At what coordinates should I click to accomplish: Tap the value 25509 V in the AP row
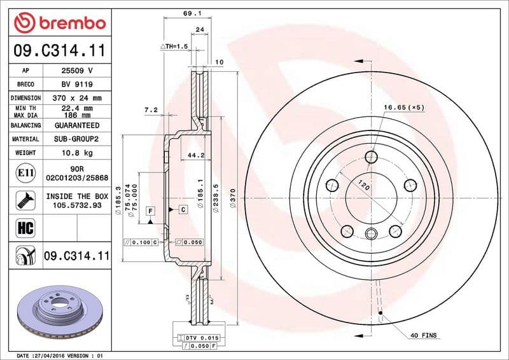(77, 71)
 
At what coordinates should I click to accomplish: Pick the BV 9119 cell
(77, 84)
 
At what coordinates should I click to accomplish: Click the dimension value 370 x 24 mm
(77, 98)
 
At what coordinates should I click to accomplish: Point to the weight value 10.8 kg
(77, 153)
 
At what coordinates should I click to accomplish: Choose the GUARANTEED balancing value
(77, 125)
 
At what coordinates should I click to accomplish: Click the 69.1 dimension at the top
(188, 12)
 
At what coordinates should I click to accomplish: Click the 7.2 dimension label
(151, 110)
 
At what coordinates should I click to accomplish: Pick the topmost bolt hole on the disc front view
(372, 157)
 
